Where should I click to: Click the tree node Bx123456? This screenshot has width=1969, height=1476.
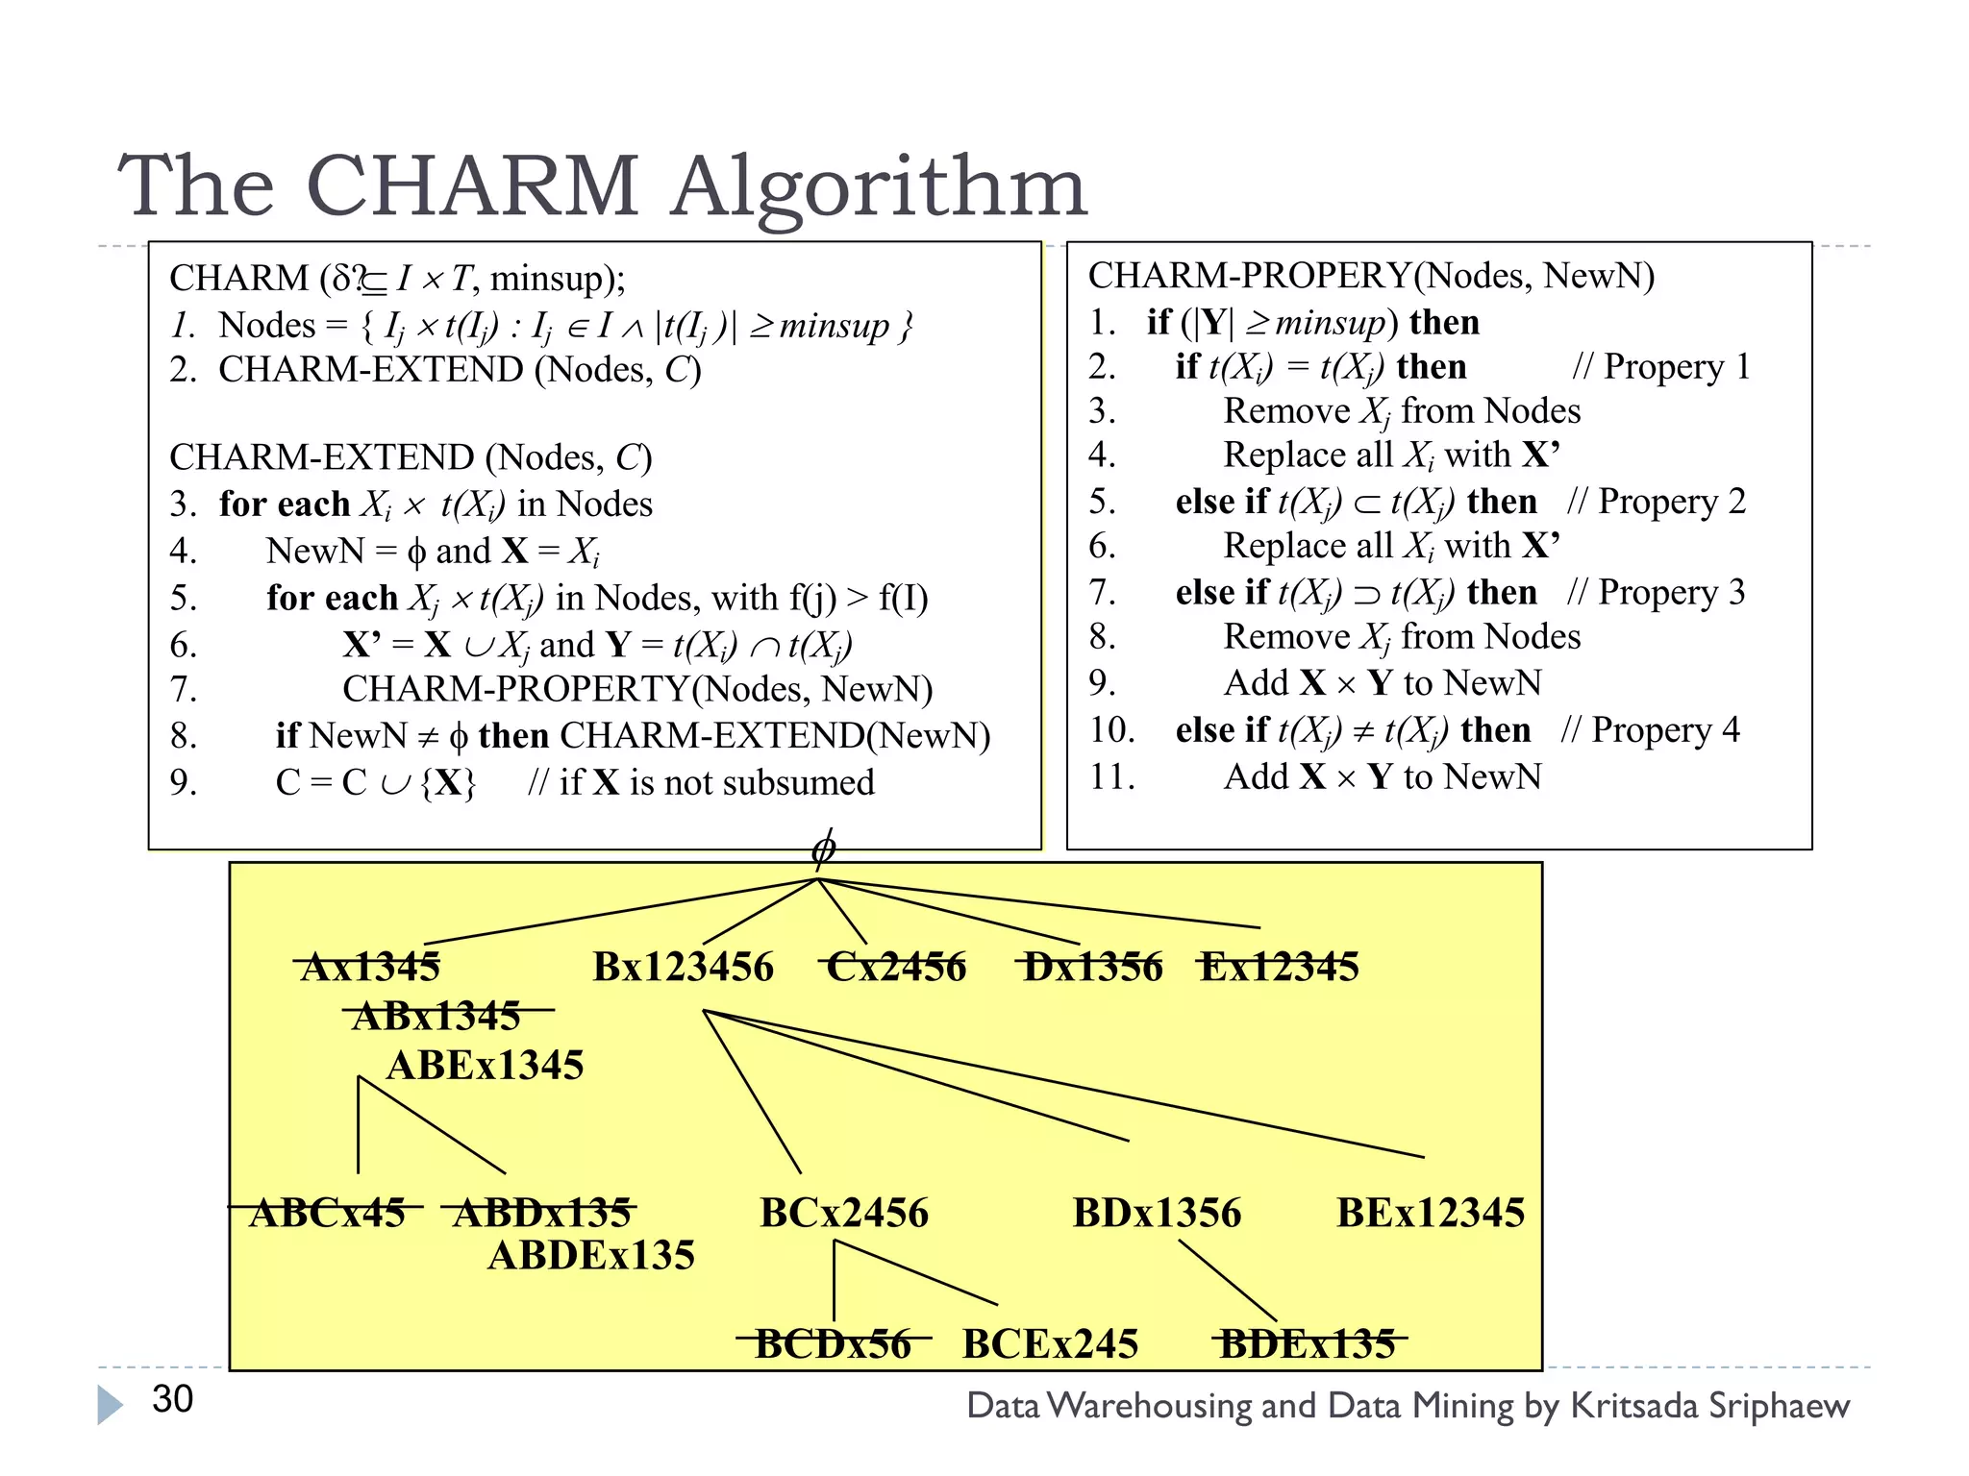tap(683, 967)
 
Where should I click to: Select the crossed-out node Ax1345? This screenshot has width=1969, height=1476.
tap(370, 967)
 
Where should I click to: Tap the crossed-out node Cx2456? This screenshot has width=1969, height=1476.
tap(896, 967)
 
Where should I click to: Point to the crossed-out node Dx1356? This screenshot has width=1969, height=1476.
tap(1093, 967)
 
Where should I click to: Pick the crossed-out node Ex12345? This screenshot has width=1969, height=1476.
tap(1280, 967)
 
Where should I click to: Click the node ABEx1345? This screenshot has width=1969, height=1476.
tap(486, 1065)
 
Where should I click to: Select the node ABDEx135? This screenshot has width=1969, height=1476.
tap(591, 1255)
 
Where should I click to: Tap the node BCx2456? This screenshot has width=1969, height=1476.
tap(844, 1213)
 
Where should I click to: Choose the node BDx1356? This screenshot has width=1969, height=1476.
tap(1157, 1213)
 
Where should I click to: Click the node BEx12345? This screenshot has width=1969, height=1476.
tap(1431, 1213)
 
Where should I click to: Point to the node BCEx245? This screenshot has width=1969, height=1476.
tap(1050, 1343)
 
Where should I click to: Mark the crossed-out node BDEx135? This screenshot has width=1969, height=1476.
tap(1308, 1343)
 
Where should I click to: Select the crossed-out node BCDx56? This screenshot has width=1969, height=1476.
tap(833, 1343)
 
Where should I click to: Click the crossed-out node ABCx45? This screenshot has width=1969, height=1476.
tap(327, 1213)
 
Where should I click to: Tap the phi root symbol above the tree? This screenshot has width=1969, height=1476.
tap(823, 849)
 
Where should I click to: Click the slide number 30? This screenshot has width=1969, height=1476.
tap(173, 1399)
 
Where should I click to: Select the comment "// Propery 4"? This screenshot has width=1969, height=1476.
tap(1651, 730)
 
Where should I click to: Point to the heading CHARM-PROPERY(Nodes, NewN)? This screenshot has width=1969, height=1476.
tap(1371, 276)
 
